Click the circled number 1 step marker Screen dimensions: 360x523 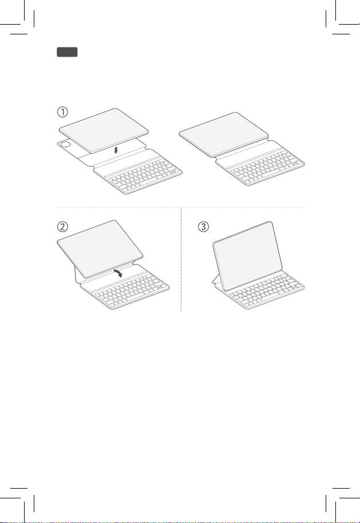pyautogui.click(x=62, y=112)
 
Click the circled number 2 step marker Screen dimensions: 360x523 pyautogui.click(x=62, y=227)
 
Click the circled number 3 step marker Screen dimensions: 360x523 pyautogui.click(x=203, y=227)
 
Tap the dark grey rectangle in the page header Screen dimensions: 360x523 pyautogui.click(x=67, y=52)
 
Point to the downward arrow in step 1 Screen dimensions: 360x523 pyautogui.click(x=116, y=151)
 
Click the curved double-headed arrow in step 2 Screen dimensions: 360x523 pyautogui.click(x=118, y=274)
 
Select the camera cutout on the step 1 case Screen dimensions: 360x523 pyautogui.click(x=66, y=145)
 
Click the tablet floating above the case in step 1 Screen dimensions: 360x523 pyautogui.click(x=104, y=131)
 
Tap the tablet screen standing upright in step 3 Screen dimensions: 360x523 pyautogui.click(x=248, y=256)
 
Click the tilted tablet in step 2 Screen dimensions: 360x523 pyautogui.click(x=100, y=249)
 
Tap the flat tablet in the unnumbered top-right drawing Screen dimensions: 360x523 pyautogui.click(x=223, y=134)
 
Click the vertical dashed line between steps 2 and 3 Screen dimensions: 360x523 pyautogui.click(x=181, y=259)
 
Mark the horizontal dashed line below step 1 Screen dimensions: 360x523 pyautogui.click(x=180, y=207)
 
